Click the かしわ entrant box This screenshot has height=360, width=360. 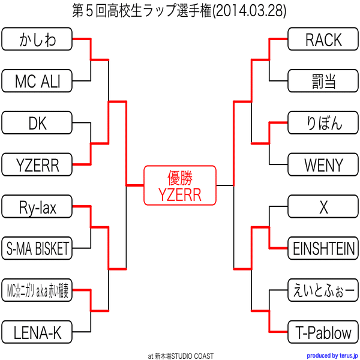37,39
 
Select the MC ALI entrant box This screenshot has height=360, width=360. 37,81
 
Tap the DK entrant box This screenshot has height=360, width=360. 37,123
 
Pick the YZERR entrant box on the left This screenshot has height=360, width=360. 37,164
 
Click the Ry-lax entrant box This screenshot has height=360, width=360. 37,206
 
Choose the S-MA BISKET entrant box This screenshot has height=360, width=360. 37,248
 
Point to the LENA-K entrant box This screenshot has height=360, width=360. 37,332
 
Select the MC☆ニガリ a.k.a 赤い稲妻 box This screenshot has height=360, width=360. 37,290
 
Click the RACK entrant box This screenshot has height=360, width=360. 323,39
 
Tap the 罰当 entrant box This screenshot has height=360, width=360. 323,81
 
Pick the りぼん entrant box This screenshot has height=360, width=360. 323,123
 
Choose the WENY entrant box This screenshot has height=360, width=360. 323,164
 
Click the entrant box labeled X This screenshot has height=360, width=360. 323,206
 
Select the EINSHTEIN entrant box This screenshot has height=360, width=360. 323,248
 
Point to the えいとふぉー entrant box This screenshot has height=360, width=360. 323,290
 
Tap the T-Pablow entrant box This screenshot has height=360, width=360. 323,332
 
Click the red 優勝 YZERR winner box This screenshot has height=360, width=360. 180,185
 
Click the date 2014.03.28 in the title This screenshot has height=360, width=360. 250,11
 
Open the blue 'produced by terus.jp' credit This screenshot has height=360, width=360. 332,356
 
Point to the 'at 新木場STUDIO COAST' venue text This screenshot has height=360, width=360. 181,356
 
